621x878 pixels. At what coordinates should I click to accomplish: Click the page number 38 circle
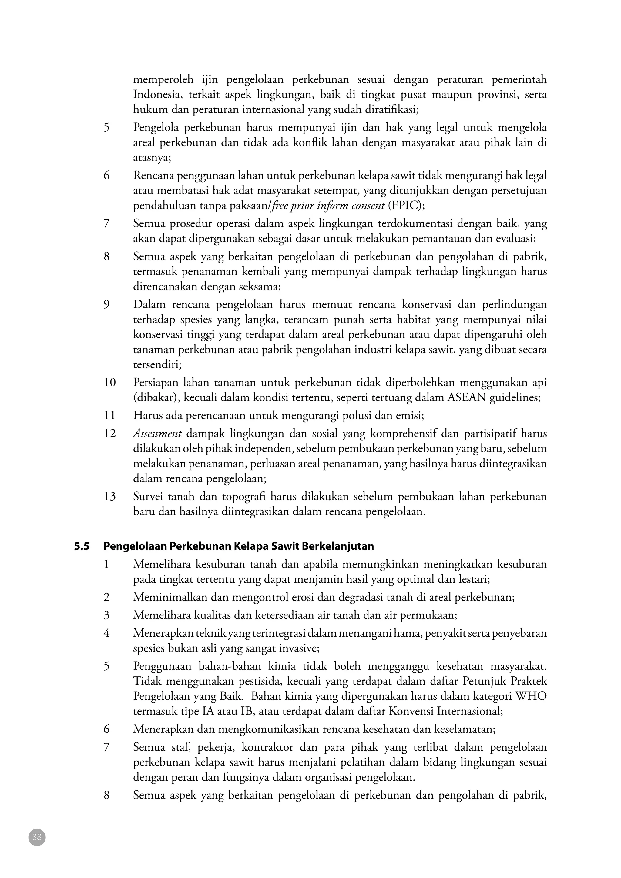(37, 837)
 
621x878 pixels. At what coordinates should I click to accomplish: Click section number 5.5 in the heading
(82, 546)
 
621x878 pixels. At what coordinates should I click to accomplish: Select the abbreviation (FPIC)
(406, 206)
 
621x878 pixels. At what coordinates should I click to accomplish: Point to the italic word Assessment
(157, 434)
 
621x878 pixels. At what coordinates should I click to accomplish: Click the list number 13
(109, 497)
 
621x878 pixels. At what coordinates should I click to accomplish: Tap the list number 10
(109, 382)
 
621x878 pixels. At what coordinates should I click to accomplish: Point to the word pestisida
(260, 681)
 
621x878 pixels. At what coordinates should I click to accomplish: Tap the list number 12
(109, 434)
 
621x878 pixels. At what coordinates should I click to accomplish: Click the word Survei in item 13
(149, 497)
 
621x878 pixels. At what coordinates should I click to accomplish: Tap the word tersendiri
(157, 364)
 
